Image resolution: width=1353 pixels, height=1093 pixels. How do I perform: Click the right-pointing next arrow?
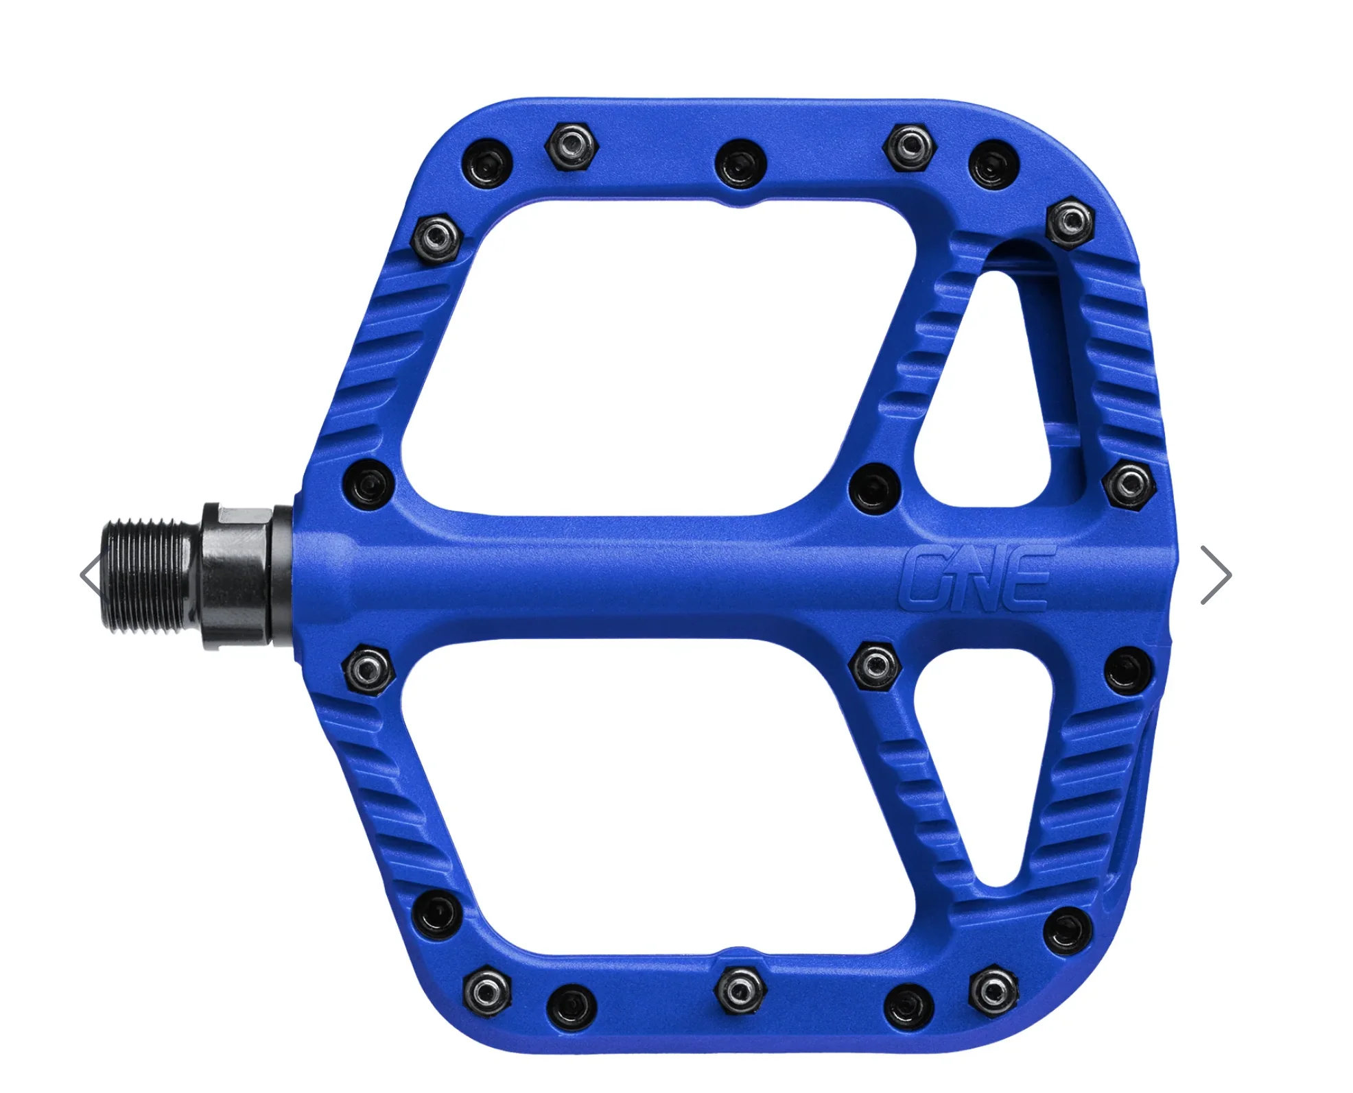pyautogui.click(x=1216, y=575)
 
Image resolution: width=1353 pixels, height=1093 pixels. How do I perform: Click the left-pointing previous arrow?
pyautogui.click(x=91, y=575)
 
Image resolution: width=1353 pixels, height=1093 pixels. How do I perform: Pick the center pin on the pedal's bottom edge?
pyautogui.click(x=739, y=990)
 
